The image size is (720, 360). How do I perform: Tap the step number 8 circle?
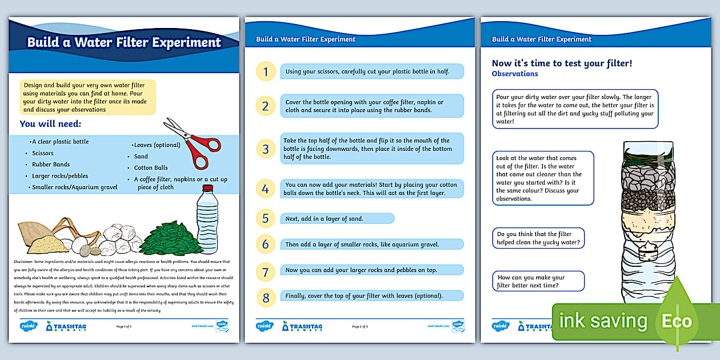tap(265, 297)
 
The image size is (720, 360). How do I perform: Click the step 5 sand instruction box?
tap(337, 218)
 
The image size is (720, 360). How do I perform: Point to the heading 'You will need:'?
tap(50, 123)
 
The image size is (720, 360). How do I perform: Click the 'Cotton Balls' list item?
tap(151, 167)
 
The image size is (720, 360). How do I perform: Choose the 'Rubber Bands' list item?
tap(51, 165)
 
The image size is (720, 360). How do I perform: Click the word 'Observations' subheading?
tap(515, 74)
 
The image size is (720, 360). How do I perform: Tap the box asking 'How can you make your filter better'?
tap(538, 281)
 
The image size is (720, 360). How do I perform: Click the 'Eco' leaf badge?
tap(677, 320)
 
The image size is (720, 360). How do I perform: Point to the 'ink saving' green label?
tap(603, 321)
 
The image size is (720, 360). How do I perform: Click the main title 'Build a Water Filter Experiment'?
tap(124, 42)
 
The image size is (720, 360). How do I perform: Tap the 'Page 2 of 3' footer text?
tap(360, 326)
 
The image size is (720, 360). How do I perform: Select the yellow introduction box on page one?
tap(87, 97)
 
